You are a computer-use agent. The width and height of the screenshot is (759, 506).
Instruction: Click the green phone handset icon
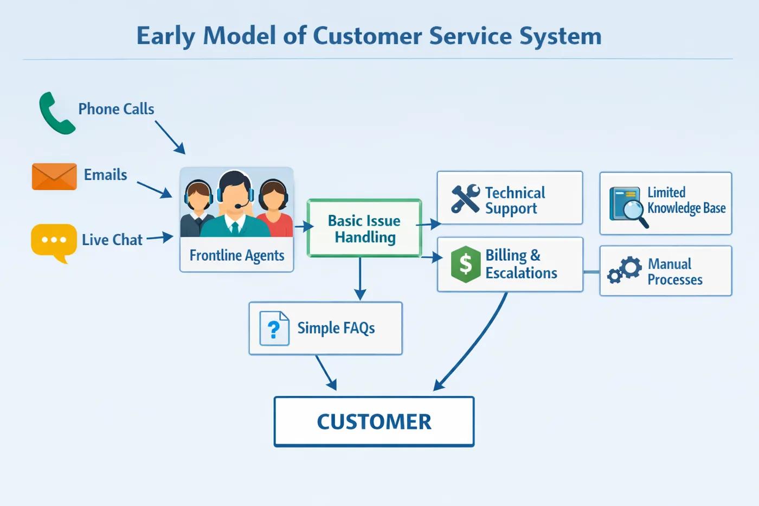[x=56, y=113]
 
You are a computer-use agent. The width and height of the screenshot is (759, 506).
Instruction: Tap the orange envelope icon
[x=54, y=177]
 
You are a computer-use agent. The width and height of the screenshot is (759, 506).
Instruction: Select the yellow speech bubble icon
[x=54, y=242]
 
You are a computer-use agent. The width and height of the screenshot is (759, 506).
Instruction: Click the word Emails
[x=105, y=175]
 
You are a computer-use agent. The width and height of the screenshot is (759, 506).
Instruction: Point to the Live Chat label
[x=112, y=240]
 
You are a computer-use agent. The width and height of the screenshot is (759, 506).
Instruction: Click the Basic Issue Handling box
[x=364, y=228]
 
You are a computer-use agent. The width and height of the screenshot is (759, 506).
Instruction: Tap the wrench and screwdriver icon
[x=466, y=199]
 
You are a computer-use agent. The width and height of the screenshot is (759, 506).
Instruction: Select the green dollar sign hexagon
[x=466, y=264]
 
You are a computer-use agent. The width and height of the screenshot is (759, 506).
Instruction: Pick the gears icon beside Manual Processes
[x=624, y=270]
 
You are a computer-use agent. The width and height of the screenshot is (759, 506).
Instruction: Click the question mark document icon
[x=274, y=328]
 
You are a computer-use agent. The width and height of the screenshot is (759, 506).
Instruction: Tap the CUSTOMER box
[x=374, y=421]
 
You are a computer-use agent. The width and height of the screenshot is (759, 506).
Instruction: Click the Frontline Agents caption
[x=237, y=255]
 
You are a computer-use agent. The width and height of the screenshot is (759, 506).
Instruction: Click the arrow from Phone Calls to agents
[x=170, y=138]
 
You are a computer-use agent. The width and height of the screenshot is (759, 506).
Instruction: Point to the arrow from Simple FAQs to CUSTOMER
[x=326, y=373]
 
